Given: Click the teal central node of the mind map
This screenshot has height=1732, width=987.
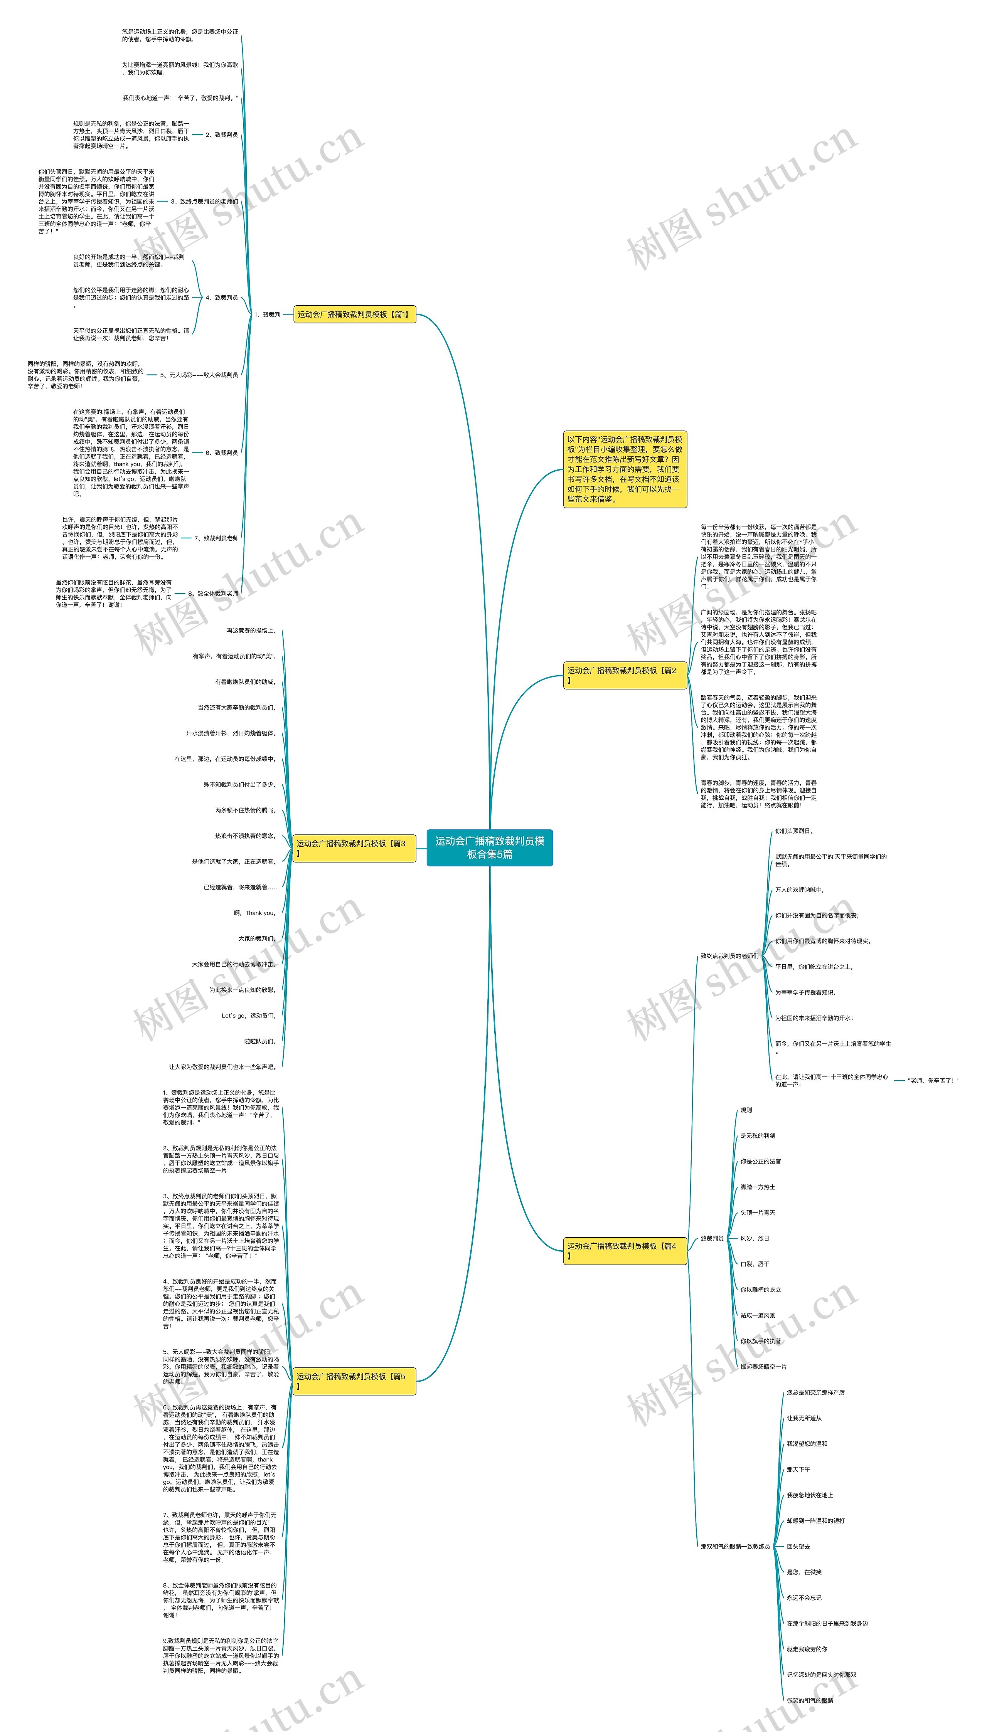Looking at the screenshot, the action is (489, 847).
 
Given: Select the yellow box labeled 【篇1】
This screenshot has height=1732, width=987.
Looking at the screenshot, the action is (354, 314).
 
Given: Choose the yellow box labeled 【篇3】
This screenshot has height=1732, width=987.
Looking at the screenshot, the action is (354, 848).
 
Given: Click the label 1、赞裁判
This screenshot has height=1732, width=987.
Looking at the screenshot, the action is (267, 314).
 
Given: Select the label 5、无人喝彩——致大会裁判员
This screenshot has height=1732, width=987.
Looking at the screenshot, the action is (199, 375).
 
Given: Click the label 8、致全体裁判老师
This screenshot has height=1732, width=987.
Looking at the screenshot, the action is (213, 594).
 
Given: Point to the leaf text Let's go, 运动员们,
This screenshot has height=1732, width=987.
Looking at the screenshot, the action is (248, 1016).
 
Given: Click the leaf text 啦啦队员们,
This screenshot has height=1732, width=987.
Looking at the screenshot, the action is (259, 1041).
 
